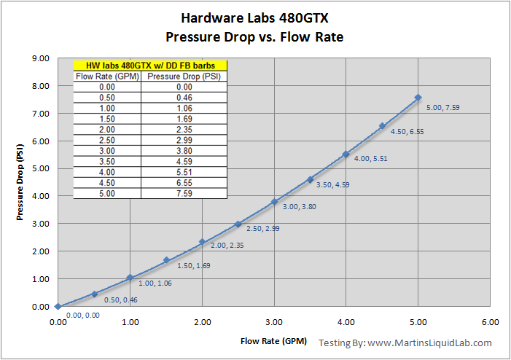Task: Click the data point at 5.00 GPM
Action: click(418, 97)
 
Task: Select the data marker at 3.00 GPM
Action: click(274, 202)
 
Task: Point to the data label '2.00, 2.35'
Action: click(228, 246)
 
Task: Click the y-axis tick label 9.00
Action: click(39, 58)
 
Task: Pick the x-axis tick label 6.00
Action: click(490, 321)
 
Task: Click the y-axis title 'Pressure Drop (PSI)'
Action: click(20, 183)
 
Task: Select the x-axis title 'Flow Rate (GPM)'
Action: click(273, 341)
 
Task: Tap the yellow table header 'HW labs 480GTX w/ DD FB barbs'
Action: click(151, 65)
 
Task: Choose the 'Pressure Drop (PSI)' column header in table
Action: click(184, 76)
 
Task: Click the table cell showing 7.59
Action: click(184, 195)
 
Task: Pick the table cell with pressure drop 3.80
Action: click(184, 152)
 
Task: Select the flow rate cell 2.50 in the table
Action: click(106, 141)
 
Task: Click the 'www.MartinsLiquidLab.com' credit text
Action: click(429, 343)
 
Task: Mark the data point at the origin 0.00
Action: click(58, 307)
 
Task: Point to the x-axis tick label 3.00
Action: click(274, 321)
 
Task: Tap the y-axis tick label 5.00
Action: click(39, 168)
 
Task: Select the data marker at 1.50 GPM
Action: click(166, 260)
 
